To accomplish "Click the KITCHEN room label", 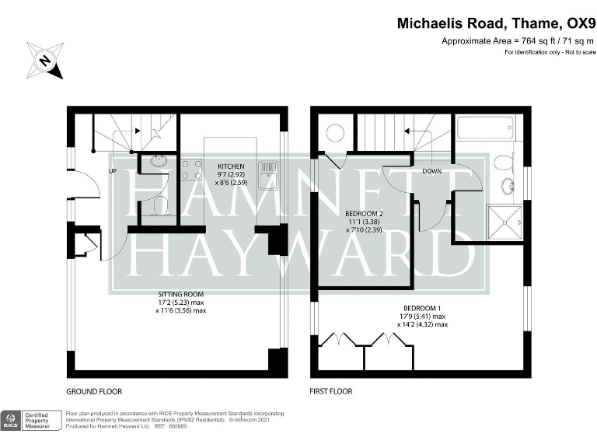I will [231, 166].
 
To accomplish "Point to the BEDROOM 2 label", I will [363, 214].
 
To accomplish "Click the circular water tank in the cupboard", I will [334, 133].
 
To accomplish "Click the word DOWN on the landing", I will [432, 171].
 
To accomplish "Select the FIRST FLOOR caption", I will [331, 391].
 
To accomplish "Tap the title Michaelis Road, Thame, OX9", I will [495, 23].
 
